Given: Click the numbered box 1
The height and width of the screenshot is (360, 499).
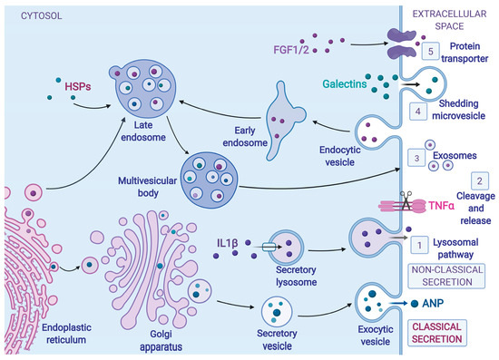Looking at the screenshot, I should click(x=418, y=244).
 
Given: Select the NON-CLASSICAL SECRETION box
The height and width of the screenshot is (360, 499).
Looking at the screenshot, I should click(x=446, y=275).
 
